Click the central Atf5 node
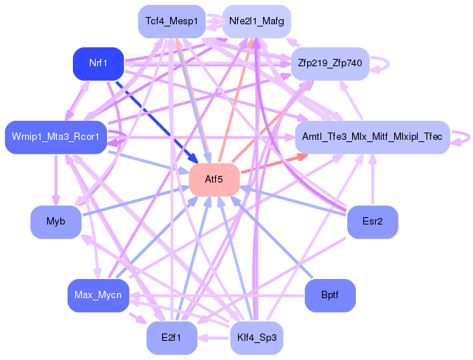click(214, 180)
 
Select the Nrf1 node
click(98, 64)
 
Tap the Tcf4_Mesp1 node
click(171, 21)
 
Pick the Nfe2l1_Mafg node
click(256, 21)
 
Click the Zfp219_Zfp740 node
click(329, 64)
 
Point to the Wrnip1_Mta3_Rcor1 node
click(56, 137)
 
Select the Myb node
click(56, 222)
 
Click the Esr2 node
click(373, 222)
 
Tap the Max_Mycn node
click(98, 296)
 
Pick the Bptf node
click(330, 296)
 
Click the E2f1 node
click(171, 339)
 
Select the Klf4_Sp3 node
click(256, 339)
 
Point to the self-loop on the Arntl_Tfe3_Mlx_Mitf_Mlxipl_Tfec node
click(463, 137)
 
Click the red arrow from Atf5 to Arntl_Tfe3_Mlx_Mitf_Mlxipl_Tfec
click(273, 164)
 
